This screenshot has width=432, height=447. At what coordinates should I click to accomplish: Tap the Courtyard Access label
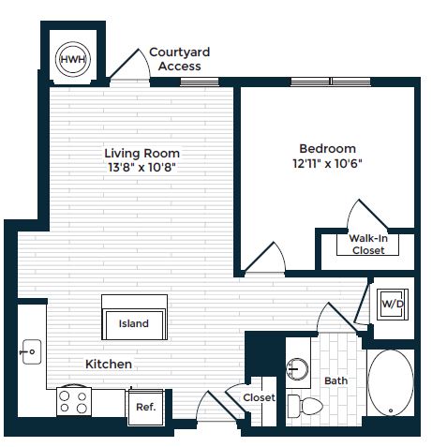click(179, 59)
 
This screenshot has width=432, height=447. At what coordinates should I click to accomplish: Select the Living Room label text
click(142, 153)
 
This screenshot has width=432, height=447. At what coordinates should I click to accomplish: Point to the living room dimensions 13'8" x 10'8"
click(142, 168)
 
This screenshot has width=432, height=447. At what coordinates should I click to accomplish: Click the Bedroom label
click(327, 148)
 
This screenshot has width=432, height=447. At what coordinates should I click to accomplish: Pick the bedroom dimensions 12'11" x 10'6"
click(327, 163)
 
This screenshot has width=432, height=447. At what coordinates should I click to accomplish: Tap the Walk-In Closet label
click(368, 244)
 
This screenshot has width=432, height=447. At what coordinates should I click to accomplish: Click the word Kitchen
click(109, 364)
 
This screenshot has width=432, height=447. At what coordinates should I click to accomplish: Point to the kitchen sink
click(30, 353)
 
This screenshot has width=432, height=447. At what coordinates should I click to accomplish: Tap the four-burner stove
click(73, 402)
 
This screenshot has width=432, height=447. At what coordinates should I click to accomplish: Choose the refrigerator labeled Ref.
click(145, 407)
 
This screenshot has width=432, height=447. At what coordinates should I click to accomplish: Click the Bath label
click(335, 381)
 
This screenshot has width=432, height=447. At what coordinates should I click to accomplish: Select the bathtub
click(388, 384)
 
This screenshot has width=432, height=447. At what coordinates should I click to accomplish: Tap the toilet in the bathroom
click(305, 406)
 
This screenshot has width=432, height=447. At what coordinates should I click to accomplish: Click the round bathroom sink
click(300, 368)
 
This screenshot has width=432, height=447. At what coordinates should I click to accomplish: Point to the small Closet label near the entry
click(258, 397)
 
